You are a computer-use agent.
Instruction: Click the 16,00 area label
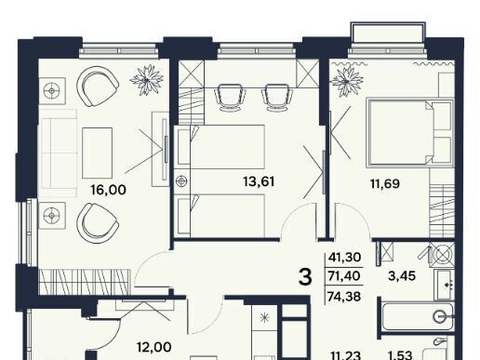coord(109,190)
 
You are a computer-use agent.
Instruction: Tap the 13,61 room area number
coord(259,181)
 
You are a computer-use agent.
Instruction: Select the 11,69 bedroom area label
coord(385,183)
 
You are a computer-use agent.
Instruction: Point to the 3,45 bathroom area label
coord(402,275)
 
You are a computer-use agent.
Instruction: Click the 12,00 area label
coord(154,347)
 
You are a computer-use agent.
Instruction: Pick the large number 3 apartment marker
coord(305,277)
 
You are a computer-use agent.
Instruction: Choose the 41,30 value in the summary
coord(344,257)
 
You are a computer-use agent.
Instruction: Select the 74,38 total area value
coord(344,297)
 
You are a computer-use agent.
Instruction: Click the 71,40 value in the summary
coord(344,275)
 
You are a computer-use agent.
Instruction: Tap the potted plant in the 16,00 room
coord(147,80)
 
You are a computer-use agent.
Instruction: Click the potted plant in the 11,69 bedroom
coord(347,81)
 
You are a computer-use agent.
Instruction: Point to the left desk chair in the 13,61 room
coord(230,98)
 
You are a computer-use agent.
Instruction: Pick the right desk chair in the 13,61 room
coord(277,98)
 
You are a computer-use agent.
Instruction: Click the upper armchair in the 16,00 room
coord(98,87)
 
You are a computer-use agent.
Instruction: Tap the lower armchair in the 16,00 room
coord(98,223)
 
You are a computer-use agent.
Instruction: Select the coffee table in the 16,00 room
coord(97,153)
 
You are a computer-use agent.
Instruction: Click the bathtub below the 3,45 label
coord(418,317)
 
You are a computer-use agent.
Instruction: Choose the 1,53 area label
coord(400,355)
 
